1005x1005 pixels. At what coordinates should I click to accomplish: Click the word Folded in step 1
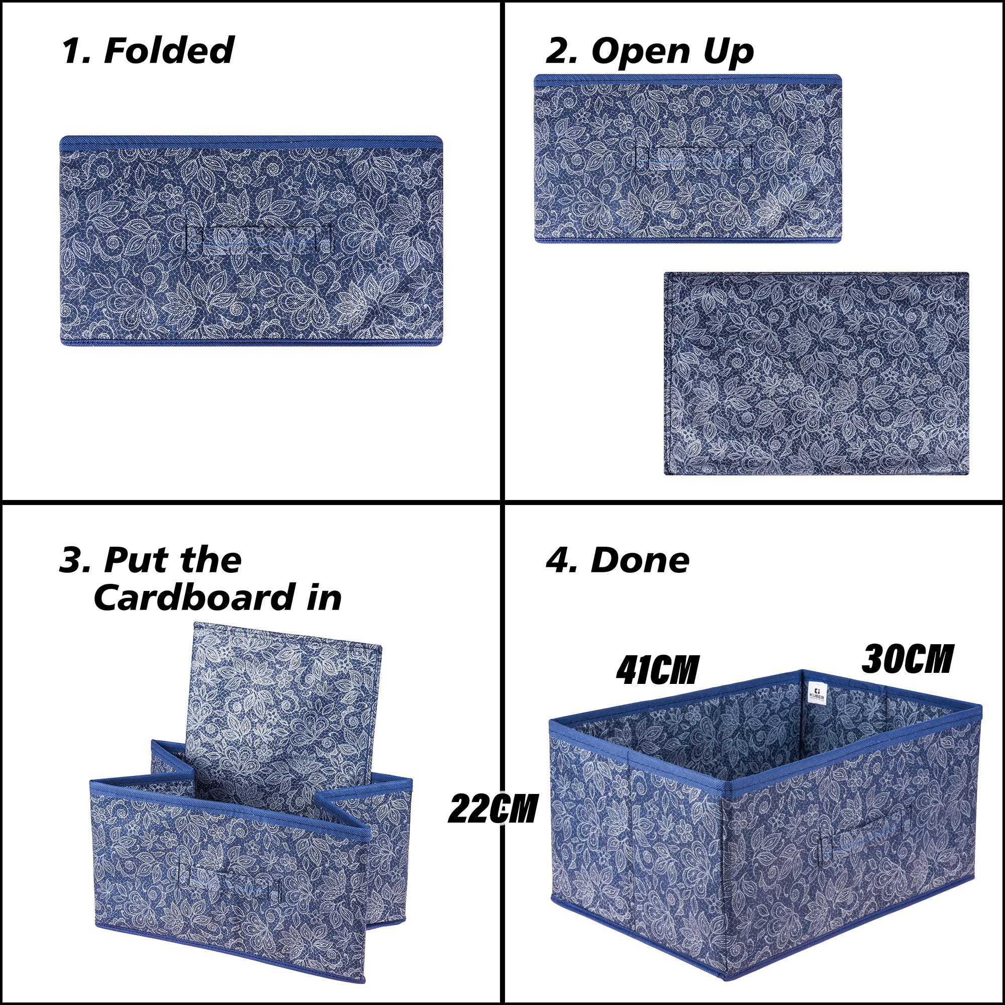[x=169, y=51]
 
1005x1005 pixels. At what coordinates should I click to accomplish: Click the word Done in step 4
[x=640, y=561]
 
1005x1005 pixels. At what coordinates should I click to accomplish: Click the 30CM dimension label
[x=907, y=660]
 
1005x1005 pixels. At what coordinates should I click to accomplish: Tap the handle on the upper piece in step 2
[x=694, y=158]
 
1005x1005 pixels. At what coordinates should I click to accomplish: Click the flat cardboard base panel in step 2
[x=816, y=373]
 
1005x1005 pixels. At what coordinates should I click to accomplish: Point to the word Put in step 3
[x=136, y=561]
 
